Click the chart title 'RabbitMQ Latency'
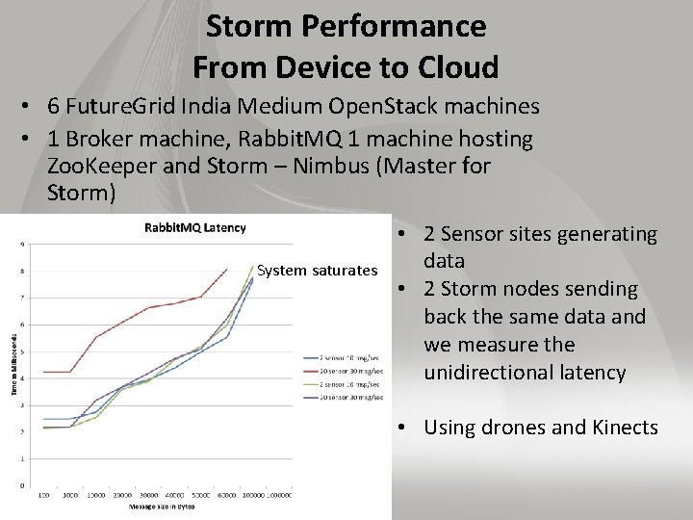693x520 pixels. click(x=194, y=227)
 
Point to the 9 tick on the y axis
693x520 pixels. click(x=21, y=245)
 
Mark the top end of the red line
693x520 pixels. click(x=226, y=269)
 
